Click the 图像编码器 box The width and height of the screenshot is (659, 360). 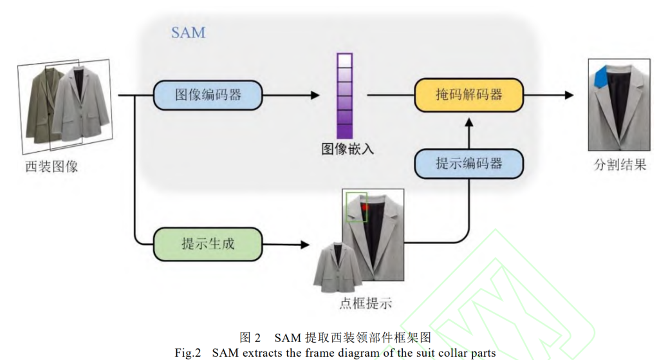208,95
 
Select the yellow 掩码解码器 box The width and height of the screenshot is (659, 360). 469,95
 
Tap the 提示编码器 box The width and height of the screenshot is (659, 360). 469,163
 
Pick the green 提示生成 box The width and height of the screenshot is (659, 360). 208,244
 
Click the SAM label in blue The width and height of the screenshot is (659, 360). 189,32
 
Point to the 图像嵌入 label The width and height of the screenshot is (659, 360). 348,149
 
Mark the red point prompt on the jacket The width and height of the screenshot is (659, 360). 364,207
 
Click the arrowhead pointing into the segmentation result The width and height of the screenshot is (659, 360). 570,95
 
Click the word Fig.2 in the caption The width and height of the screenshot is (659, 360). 188,353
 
